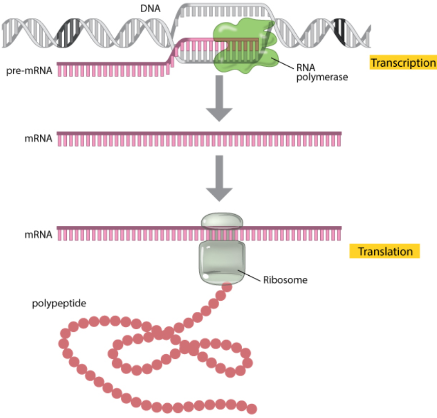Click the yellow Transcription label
(x=403, y=63)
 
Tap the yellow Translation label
(x=384, y=251)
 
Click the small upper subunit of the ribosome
(x=223, y=221)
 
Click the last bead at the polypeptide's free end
(x=251, y=408)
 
